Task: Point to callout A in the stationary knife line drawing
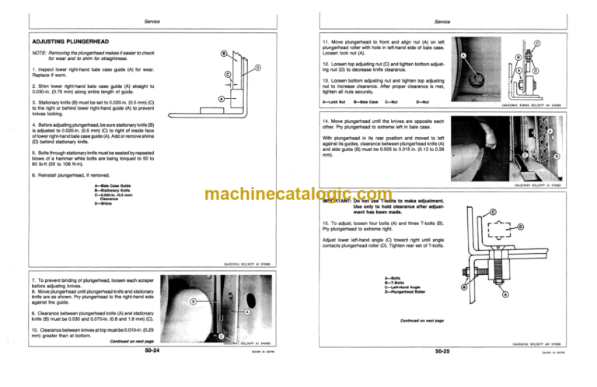[x=222, y=99]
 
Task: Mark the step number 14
[x=326, y=122]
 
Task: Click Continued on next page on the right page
[x=420, y=320]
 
